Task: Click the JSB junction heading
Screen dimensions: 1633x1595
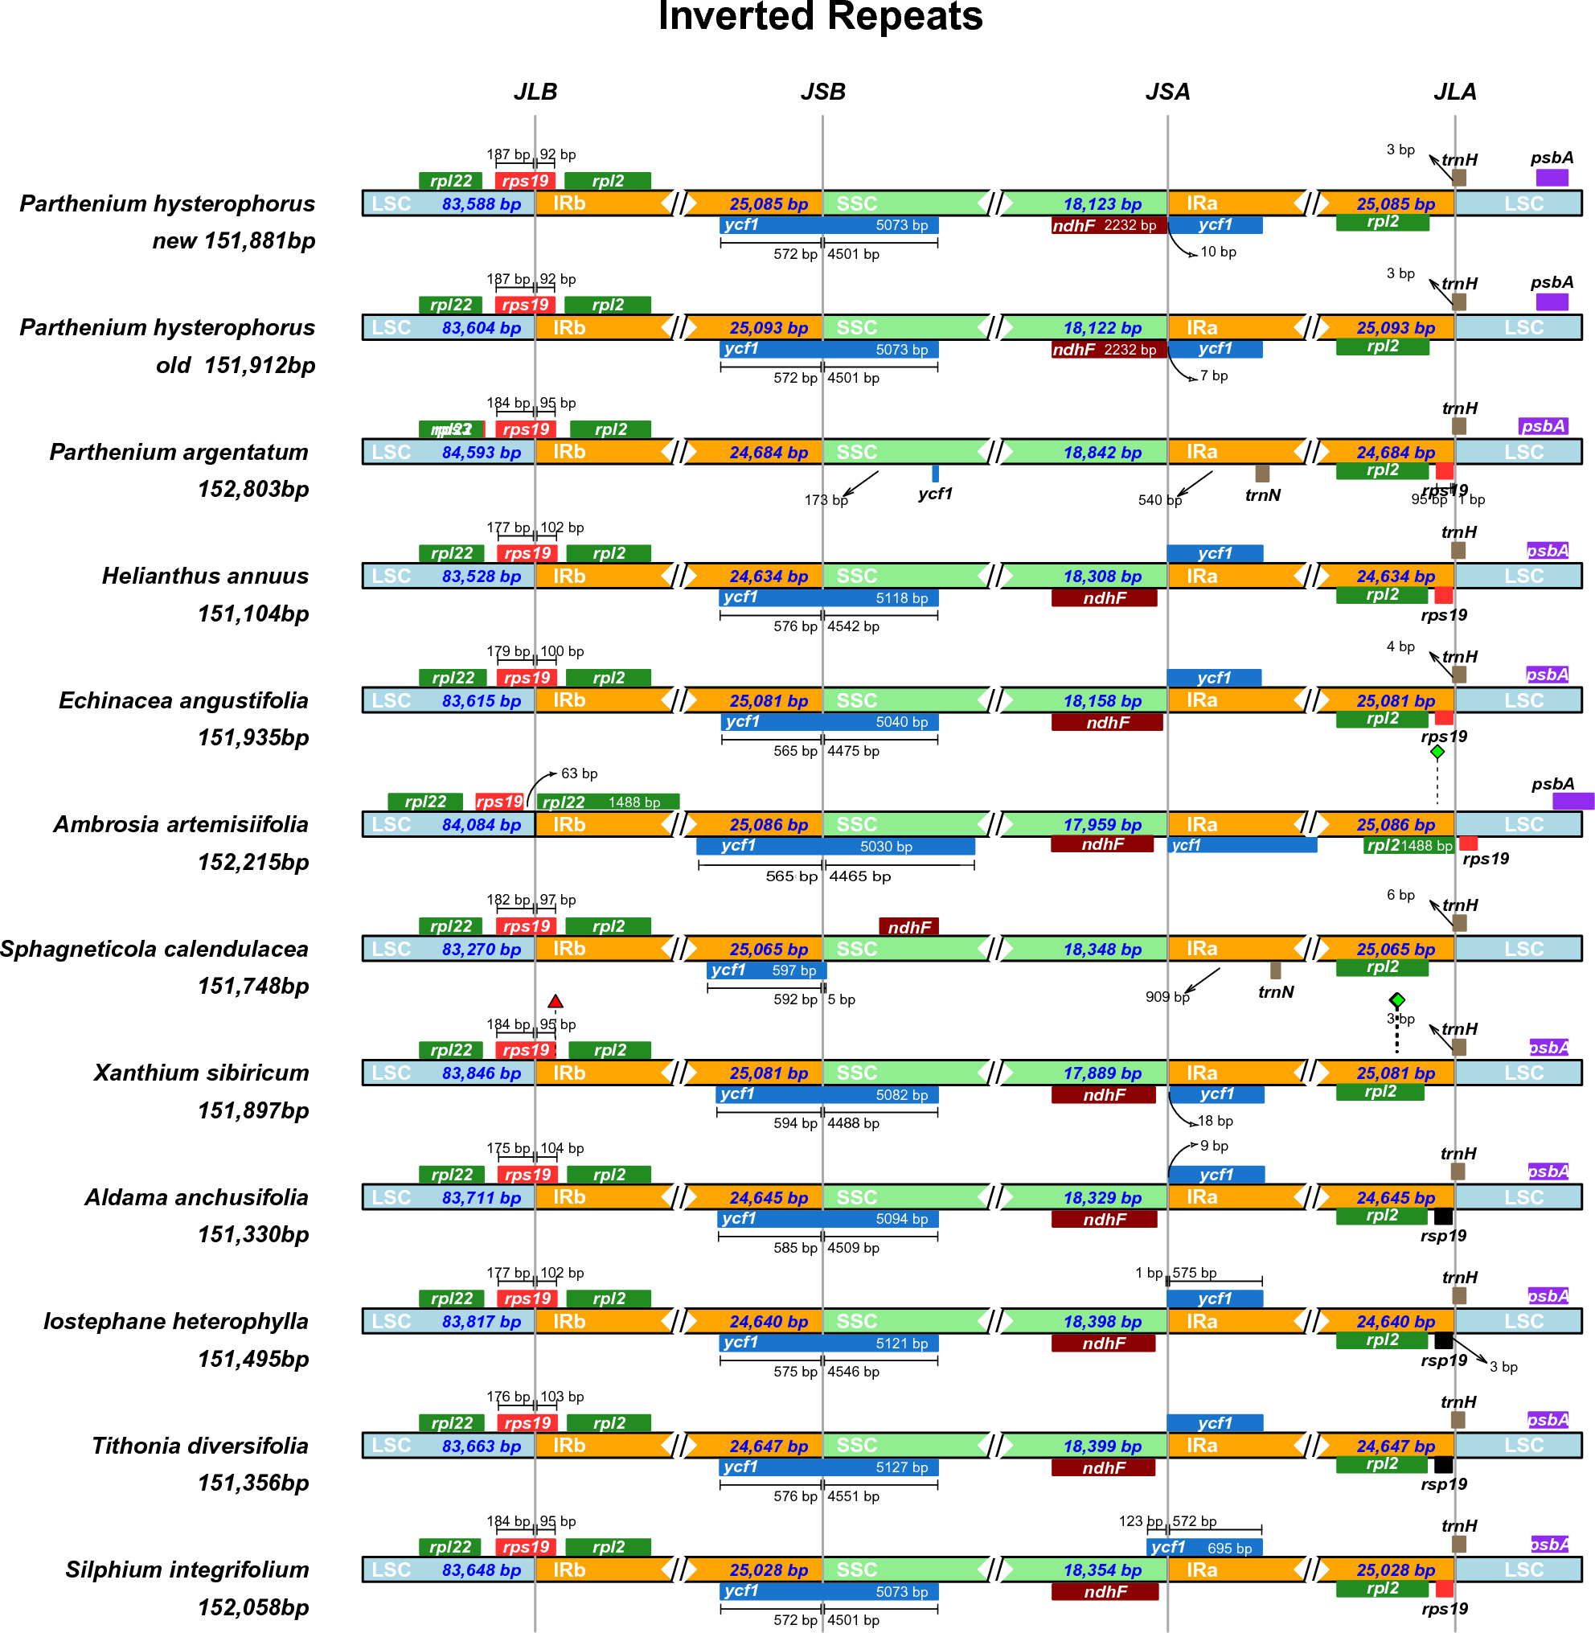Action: coord(822,92)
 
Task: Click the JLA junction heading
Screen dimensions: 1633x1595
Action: coord(1454,92)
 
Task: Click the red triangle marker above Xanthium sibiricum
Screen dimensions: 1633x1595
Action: coord(555,1001)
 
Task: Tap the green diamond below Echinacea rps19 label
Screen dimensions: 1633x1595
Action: coord(1437,753)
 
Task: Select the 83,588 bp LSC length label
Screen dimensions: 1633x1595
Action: coord(481,203)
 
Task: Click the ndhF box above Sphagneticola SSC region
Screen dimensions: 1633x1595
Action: coord(908,927)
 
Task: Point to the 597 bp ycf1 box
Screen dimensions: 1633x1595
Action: coord(766,970)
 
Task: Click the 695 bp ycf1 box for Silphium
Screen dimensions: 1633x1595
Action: coord(1203,1548)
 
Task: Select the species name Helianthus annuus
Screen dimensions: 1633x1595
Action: coord(205,576)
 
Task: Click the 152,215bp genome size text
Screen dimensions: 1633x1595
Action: coord(253,861)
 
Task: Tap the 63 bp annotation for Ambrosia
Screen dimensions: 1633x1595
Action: coord(579,773)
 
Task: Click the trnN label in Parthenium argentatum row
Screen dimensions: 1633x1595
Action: coord(1262,495)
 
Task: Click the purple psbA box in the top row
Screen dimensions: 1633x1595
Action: coord(1552,178)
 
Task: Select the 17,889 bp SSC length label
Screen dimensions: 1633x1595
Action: coord(1101,1073)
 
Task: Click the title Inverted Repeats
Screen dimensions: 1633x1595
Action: coord(820,17)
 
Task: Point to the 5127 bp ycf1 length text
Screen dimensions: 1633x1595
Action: coord(901,1467)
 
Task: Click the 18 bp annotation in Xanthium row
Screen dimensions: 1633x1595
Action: coord(1215,1121)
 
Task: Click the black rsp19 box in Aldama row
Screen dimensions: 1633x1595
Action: coord(1442,1216)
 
